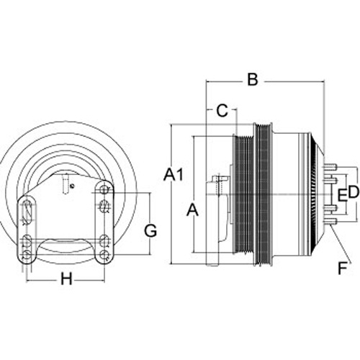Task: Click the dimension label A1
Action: (x=174, y=175)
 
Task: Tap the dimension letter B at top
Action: (x=253, y=79)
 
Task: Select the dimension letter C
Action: (x=222, y=111)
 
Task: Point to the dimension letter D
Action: (x=354, y=192)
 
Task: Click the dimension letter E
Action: (x=342, y=195)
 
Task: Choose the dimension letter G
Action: (x=150, y=230)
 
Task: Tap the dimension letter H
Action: (x=66, y=279)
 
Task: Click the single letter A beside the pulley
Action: (x=192, y=210)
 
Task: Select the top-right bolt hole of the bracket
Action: (x=104, y=189)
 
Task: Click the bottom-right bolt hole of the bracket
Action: (x=104, y=254)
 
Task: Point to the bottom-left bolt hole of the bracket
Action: (x=27, y=254)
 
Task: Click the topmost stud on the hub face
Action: (x=330, y=166)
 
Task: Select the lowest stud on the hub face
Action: (x=330, y=222)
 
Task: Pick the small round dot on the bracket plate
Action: (x=71, y=186)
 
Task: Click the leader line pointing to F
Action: (x=340, y=243)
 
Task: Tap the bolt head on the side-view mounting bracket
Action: (x=220, y=179)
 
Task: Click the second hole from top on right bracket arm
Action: (x=104, y=206)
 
